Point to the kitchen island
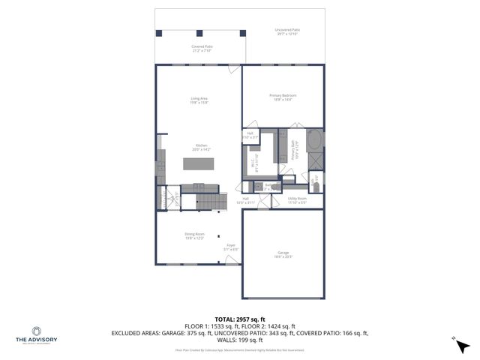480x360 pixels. click(199, 164)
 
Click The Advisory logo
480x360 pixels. click(36, 334)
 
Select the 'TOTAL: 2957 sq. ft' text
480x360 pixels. click(239, 319)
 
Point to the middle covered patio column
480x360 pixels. click(199, 32)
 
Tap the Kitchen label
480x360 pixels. click(202, 147)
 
